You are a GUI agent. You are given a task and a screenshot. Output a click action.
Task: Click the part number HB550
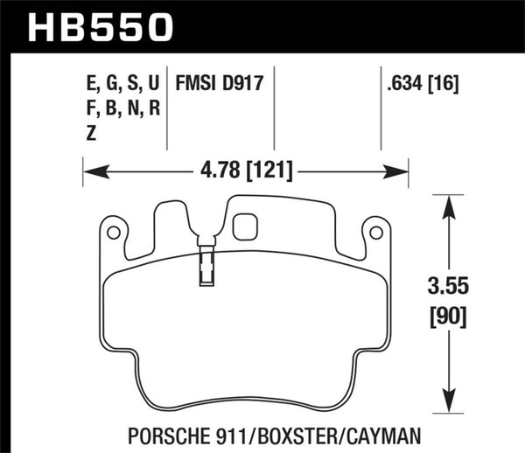pos(101,26)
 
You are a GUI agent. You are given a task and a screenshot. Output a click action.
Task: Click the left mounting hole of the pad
pos(112,233)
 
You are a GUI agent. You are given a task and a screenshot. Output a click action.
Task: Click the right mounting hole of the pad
pos(377,233)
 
